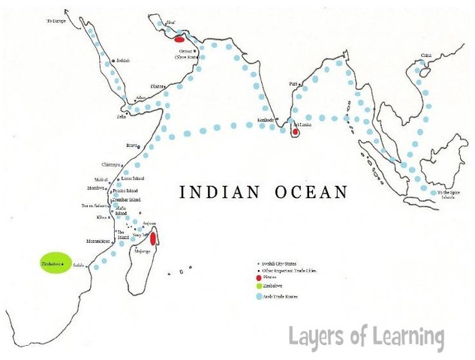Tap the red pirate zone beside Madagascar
click(x=153, y=239)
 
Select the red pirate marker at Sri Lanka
click(x=295, y=133)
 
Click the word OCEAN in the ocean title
click(x=311, y=192)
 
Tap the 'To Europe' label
click(x=56, y=22)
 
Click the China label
click(x=426, y=55)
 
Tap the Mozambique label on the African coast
click(x=98, y=241)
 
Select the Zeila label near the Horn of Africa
click(x=122, y=116)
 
